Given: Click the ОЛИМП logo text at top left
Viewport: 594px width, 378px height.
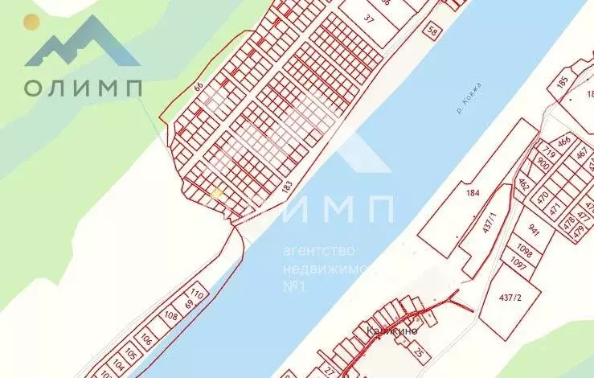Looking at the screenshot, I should tap(83, 87).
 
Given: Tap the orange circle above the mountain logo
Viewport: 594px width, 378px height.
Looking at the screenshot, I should tap(31, 23).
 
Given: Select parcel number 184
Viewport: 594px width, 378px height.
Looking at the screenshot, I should tap(472, 192).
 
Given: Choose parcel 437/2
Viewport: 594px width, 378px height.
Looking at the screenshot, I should tap(510, 297).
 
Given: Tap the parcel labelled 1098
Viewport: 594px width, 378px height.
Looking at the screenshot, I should tap(526, 250).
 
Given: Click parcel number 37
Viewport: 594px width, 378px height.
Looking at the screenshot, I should tap(369, 18).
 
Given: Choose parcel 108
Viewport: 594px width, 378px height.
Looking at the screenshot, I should tap(170, 316).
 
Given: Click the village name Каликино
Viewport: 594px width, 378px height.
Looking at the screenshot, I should tap(388, 330).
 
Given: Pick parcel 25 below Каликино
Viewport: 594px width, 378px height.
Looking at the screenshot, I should tap(417, 351).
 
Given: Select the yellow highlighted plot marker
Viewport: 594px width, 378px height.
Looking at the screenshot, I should tap(216, 193).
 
